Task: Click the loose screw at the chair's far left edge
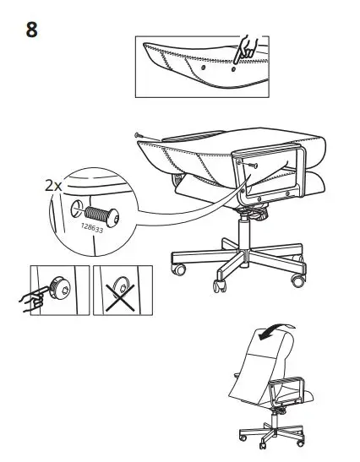point(138,135)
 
